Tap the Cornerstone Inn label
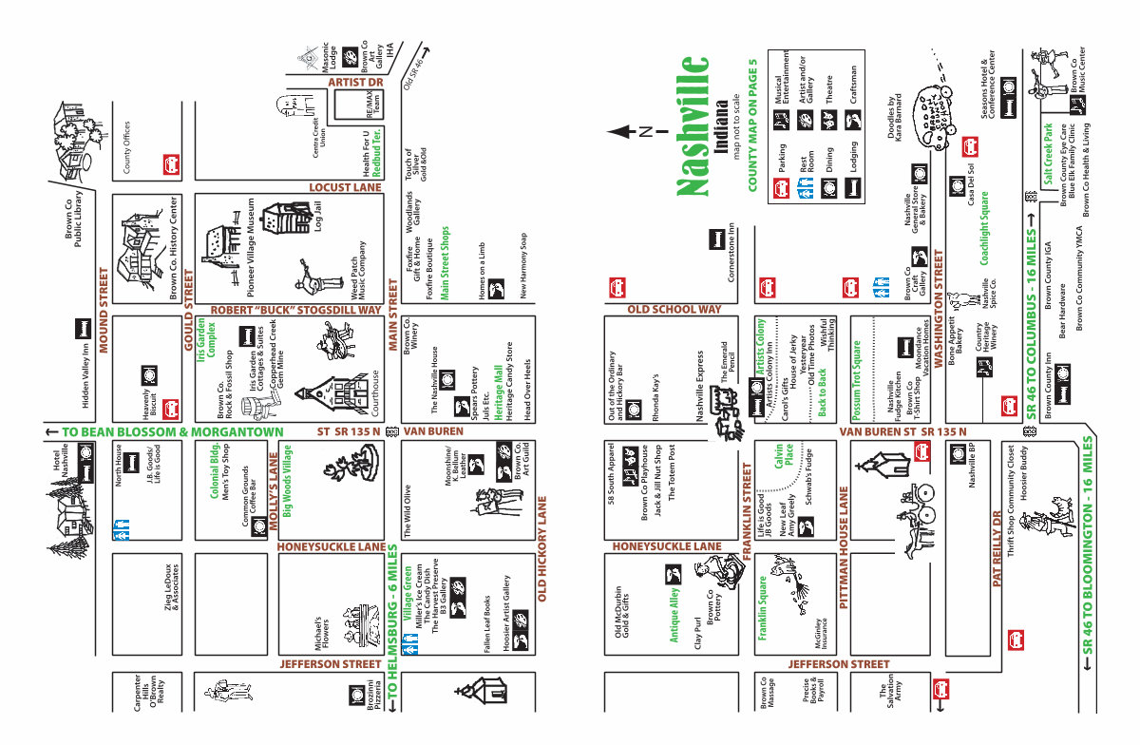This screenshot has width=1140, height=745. point(731,252)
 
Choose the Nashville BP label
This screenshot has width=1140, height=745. point(972,466)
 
